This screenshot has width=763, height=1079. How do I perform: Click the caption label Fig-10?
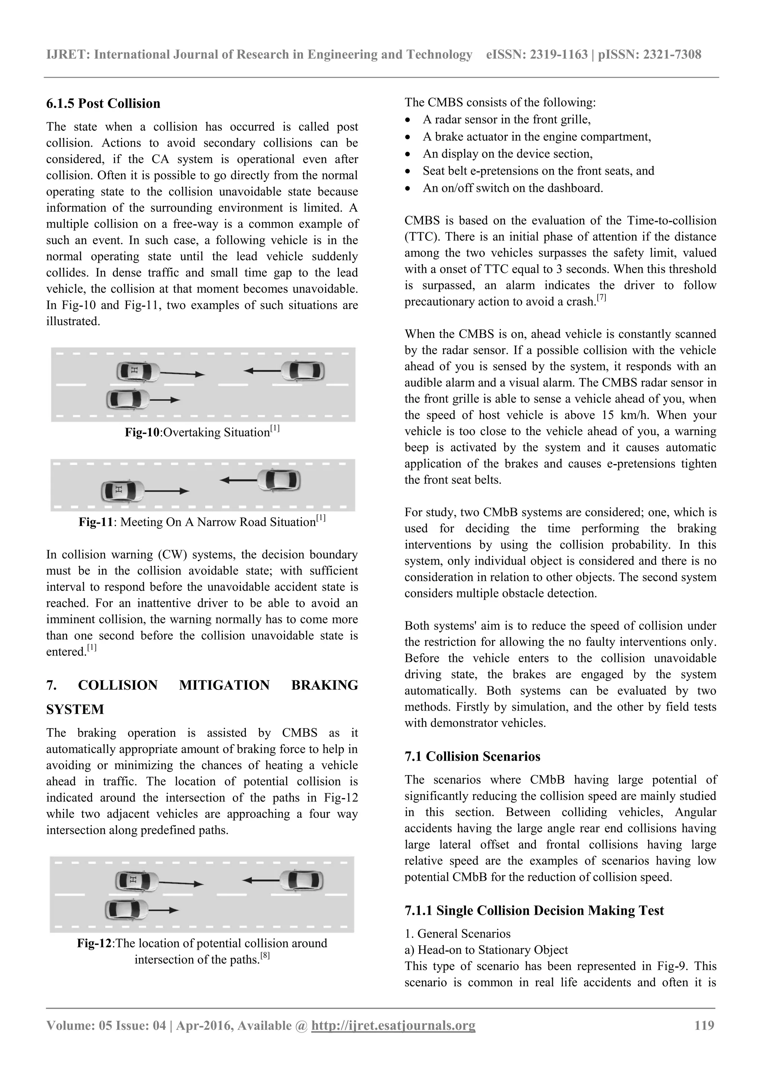pyautogui.click(x=142, y=432)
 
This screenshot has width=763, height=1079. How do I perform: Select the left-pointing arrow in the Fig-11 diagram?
pyautogui.click(x=238, y=480)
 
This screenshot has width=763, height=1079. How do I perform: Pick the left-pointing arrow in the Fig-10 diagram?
pyautogui.click(x=262, y=371)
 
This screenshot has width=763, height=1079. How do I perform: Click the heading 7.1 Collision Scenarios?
pyautogui.click(x=472, y=756)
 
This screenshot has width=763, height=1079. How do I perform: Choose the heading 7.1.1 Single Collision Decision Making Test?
pyautogui.click(x=534, y=910)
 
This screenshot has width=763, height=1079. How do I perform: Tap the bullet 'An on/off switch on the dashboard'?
pyautogui.click(x=512, y=188)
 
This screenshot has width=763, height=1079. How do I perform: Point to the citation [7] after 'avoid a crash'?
pyautogui.click(x=601, y=298)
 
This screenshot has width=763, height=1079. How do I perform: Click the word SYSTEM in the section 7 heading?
pyautogui.click(x=75, y=709)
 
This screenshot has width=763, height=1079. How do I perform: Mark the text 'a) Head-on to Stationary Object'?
pyautogui.click(x=486, y=950)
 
